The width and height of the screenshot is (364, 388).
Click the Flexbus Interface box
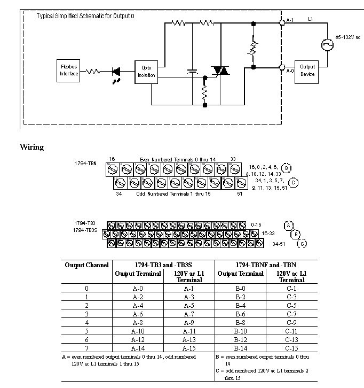69,71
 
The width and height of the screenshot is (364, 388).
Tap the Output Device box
307,70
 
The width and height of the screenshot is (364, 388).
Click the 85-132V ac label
348,37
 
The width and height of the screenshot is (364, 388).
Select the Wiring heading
31,147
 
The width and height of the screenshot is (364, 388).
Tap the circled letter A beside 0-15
289,224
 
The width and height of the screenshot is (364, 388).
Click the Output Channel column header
87,265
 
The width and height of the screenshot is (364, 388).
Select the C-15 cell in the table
291,346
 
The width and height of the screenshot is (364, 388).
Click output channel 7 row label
87,346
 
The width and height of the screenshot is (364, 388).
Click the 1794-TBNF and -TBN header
265,265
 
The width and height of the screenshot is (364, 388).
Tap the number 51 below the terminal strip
241,194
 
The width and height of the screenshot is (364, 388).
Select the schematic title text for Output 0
85,17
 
